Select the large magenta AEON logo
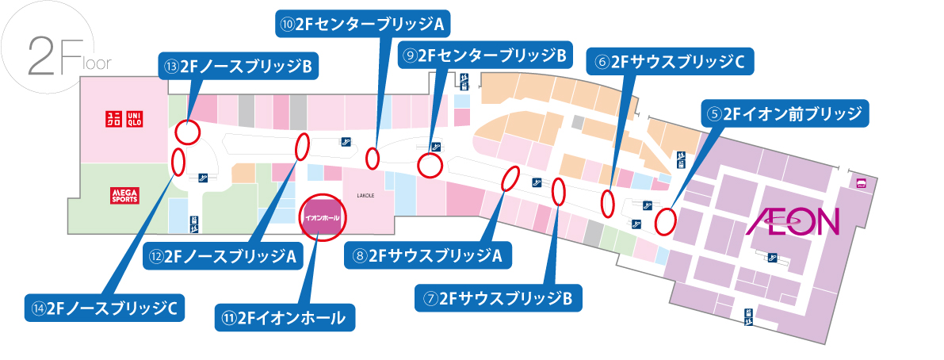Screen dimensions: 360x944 tap(793, 222)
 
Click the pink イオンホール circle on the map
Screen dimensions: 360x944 tap(322, 216)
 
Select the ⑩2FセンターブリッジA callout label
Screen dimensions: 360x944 tap(362, 24)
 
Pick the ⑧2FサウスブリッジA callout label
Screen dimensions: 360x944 tap(428, 255)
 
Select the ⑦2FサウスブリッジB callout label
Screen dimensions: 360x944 tap(499, 298)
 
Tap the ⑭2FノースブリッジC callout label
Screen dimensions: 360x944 tap(104, 307)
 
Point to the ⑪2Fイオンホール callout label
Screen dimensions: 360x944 tap(285, 318)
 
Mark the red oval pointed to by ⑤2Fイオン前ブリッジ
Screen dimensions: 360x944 tap(666, 220)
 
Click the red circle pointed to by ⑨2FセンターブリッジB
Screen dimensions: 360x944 tap(430, 166)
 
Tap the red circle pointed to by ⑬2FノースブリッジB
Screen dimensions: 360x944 tap(187, 131)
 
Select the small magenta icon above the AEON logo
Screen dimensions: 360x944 tap(861, 183)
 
